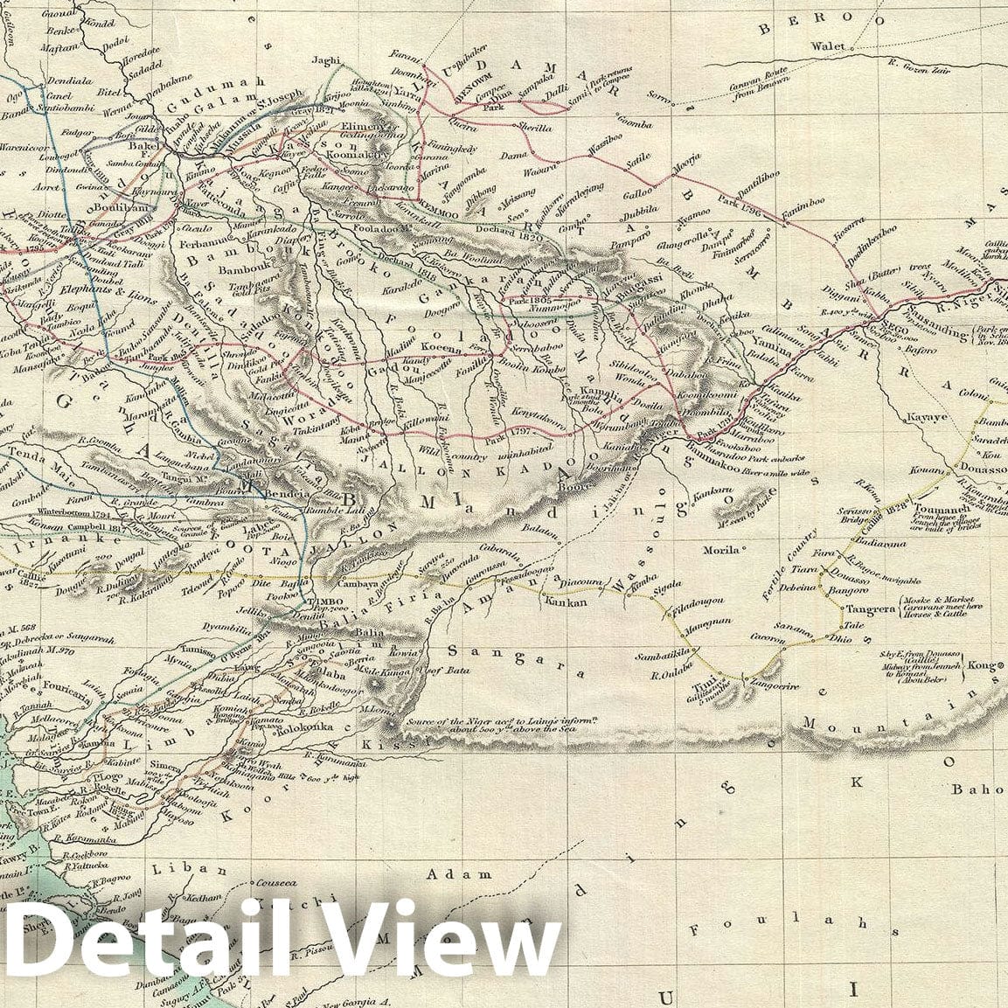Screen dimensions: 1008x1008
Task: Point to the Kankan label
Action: (563, 601)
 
